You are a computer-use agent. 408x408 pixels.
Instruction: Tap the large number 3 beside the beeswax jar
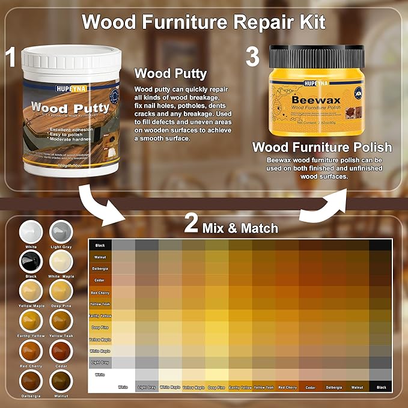point(252,58)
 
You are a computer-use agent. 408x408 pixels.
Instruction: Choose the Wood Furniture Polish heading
point(322,147)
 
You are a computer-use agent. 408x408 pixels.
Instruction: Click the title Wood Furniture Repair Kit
point(204,22)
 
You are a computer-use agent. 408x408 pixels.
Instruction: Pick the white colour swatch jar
point(29,231)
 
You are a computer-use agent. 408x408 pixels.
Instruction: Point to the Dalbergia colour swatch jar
point(29,381)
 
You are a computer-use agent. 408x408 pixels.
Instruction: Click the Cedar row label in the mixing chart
point(100,279)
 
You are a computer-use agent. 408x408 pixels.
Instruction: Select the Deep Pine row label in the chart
point(100,328)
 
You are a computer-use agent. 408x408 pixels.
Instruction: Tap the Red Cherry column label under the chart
point(288,388)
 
